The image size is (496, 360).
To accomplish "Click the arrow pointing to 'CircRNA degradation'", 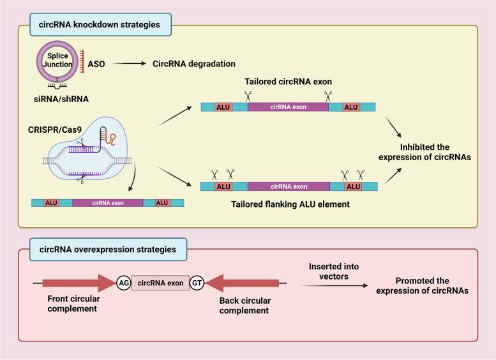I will (x=132, y=64).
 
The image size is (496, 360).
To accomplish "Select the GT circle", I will (x=197, y=278).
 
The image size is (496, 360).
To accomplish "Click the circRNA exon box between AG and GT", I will (x=160, y=278).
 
